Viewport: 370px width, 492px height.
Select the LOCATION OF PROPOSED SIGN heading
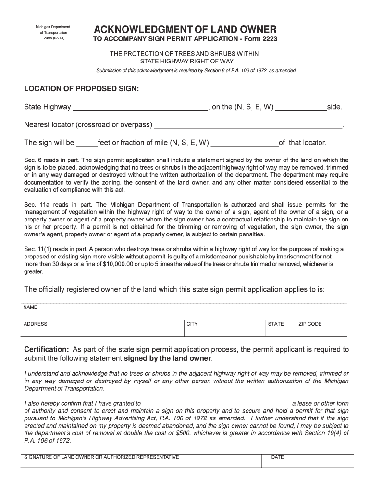(81, 89)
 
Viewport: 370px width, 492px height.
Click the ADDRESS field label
(35, 324)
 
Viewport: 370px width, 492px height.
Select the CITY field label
(192, 324)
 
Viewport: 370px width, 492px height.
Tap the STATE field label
(276, 324)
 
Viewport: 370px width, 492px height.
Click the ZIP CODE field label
(310, 324)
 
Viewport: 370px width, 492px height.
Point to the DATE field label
(278, 457)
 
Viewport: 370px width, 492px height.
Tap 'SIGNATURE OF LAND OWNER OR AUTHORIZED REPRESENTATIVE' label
(101, 457)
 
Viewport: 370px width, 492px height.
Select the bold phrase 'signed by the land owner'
(167, 359)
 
